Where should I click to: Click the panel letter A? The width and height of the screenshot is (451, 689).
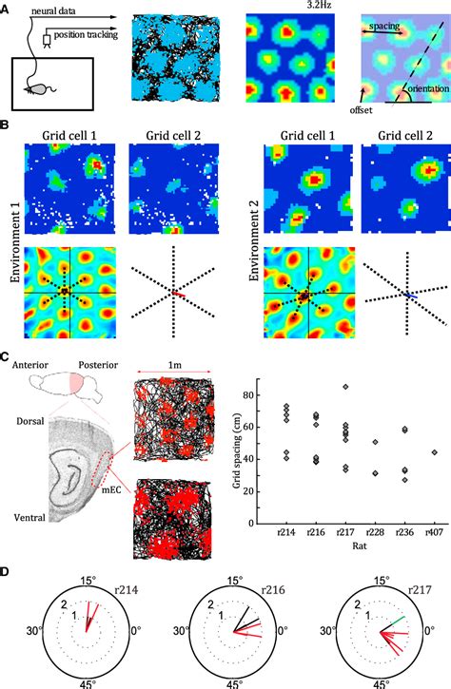click(6, 8)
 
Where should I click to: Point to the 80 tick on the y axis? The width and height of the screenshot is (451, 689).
click(250, 382)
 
